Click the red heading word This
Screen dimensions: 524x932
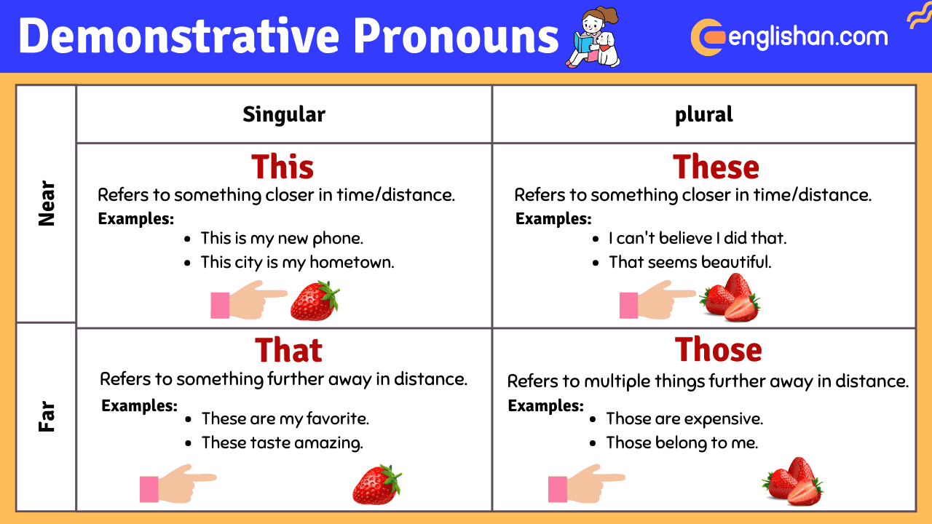(283, 167)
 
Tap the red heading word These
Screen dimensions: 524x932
(716, 167)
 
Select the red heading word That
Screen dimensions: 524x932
(288, 350)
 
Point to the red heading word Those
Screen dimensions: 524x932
(718, 350)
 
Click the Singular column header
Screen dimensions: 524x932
(284, 114)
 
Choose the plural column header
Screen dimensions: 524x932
(703, 114)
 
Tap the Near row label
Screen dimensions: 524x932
(47, 204)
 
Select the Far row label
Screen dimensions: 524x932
(47, 416)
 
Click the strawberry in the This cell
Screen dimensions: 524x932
(315, 301)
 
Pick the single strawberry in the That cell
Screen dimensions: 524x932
(377, 485)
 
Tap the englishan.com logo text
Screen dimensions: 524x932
(808, 36)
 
